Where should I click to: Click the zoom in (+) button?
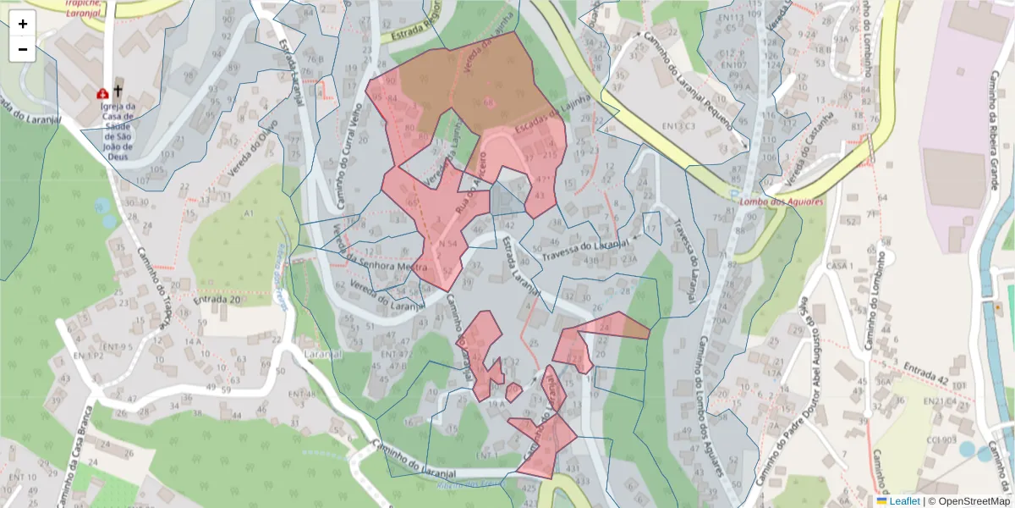(x=23, y=24)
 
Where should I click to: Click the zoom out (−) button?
(x=23, y=49)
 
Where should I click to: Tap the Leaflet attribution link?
(x=904, y=501)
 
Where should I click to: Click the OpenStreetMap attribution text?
(x=968, y=501)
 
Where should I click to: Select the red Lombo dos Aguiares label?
(x=770, y=202)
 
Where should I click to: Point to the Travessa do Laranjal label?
(x=587, y=247)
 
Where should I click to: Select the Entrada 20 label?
(x=217, y=299)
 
